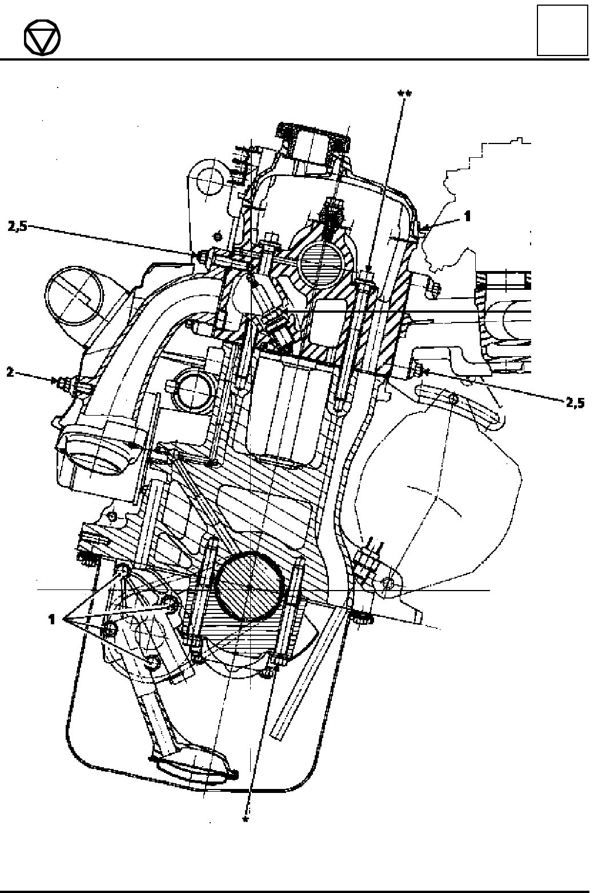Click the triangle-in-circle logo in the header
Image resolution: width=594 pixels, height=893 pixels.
coord(42,38)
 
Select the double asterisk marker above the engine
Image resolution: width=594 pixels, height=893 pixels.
coord(405,94)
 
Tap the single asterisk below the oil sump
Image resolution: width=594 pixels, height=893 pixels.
coord(246,819)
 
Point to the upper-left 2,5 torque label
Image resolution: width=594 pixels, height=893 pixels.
coord(18,226)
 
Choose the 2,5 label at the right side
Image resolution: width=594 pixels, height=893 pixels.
coord(575,403)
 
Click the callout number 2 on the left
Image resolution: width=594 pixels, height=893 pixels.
coord(10,372)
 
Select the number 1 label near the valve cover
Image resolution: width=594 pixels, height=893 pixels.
coord(467,216)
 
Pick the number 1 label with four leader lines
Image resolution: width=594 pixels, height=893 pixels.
coord(51,619)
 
